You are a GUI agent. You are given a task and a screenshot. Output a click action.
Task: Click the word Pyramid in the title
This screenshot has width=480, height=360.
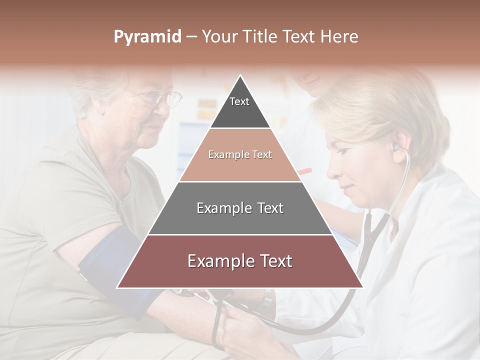tap(147, 36)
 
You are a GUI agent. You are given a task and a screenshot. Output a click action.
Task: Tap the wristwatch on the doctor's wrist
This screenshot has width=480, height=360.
tap(268, 298)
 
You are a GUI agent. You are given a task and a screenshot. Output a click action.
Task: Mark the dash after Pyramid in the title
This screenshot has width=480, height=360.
tap(191, 36)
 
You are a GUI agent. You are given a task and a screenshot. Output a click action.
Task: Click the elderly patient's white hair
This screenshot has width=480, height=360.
tap(95, 85)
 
